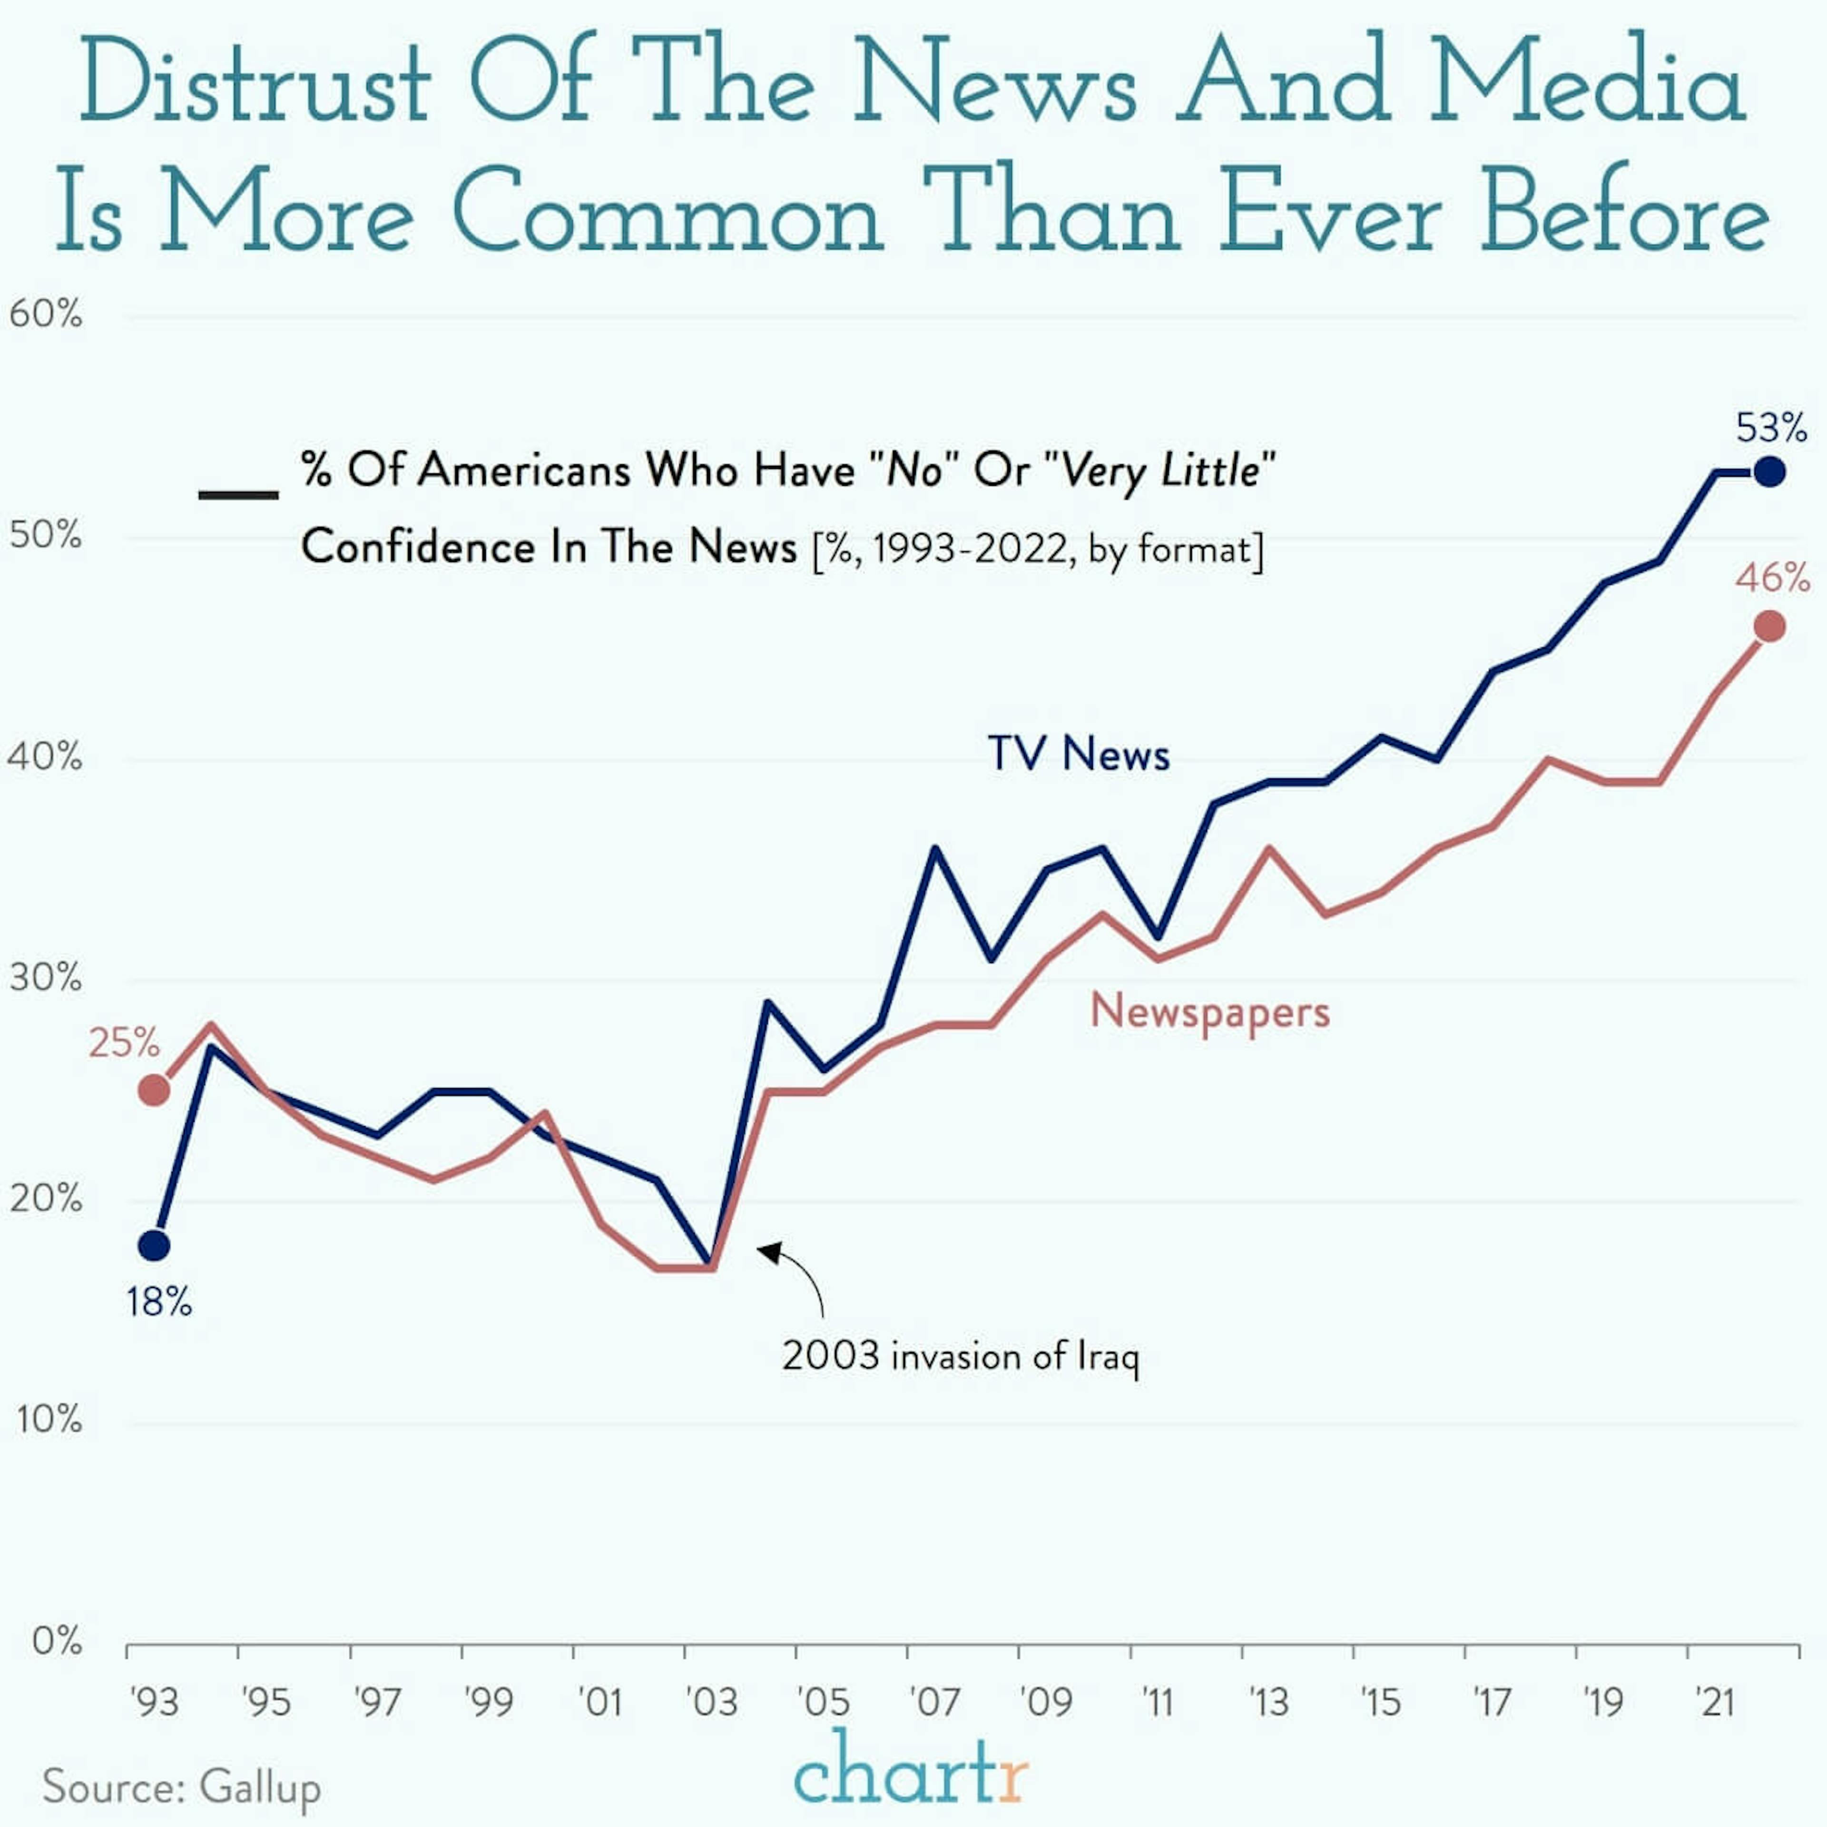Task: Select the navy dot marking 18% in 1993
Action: [154, 1246]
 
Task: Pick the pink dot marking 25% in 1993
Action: [154, 1090]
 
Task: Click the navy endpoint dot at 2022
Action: [1769, 471]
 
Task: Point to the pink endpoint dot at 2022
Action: [1769, 626]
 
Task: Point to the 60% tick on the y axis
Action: [45, 315]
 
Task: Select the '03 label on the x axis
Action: [711, 1702]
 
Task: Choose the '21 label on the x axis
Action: [1714, 1702]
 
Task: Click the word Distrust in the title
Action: [255, 83]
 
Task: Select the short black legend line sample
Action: [238, 494]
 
